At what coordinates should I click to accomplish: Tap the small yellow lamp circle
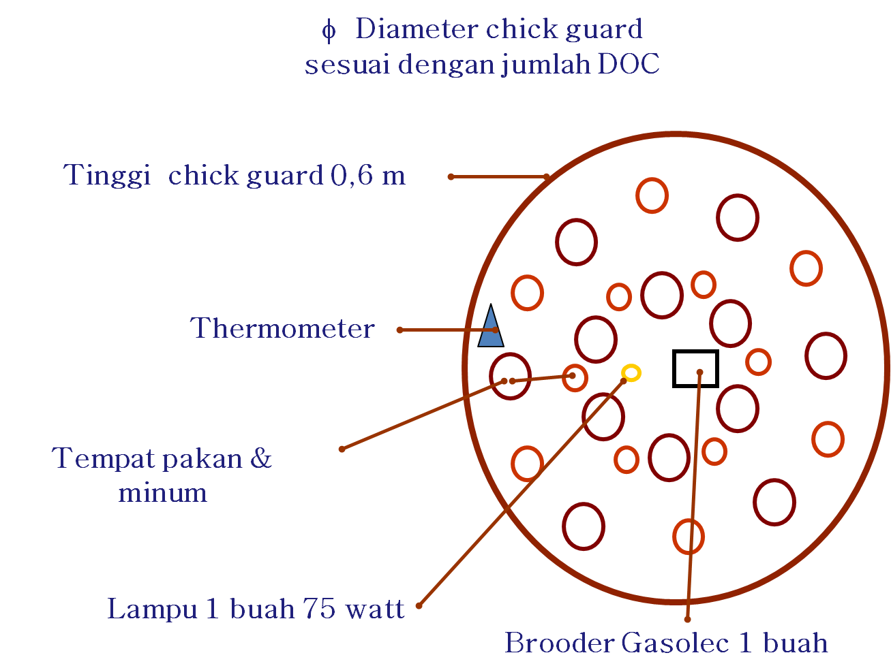[x=631, y=372]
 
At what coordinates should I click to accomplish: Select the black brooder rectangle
[x=695, y=368]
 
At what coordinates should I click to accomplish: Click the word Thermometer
[x=282, y=328]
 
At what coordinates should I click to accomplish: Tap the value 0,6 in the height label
[x=352, y=176]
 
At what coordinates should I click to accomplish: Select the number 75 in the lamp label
[x=319, y=608]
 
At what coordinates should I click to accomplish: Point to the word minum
[x=162, y=492]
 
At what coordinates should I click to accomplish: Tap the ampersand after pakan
[x=261, y=458]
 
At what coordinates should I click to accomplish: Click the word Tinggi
[x=106, y=176]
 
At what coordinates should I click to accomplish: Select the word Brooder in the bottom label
[x=559, y=643]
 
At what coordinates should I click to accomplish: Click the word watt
[x=375, y=609]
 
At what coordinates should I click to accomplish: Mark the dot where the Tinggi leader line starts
[x=451, y=176]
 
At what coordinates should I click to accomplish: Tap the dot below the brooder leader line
[x=687, y=620]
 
